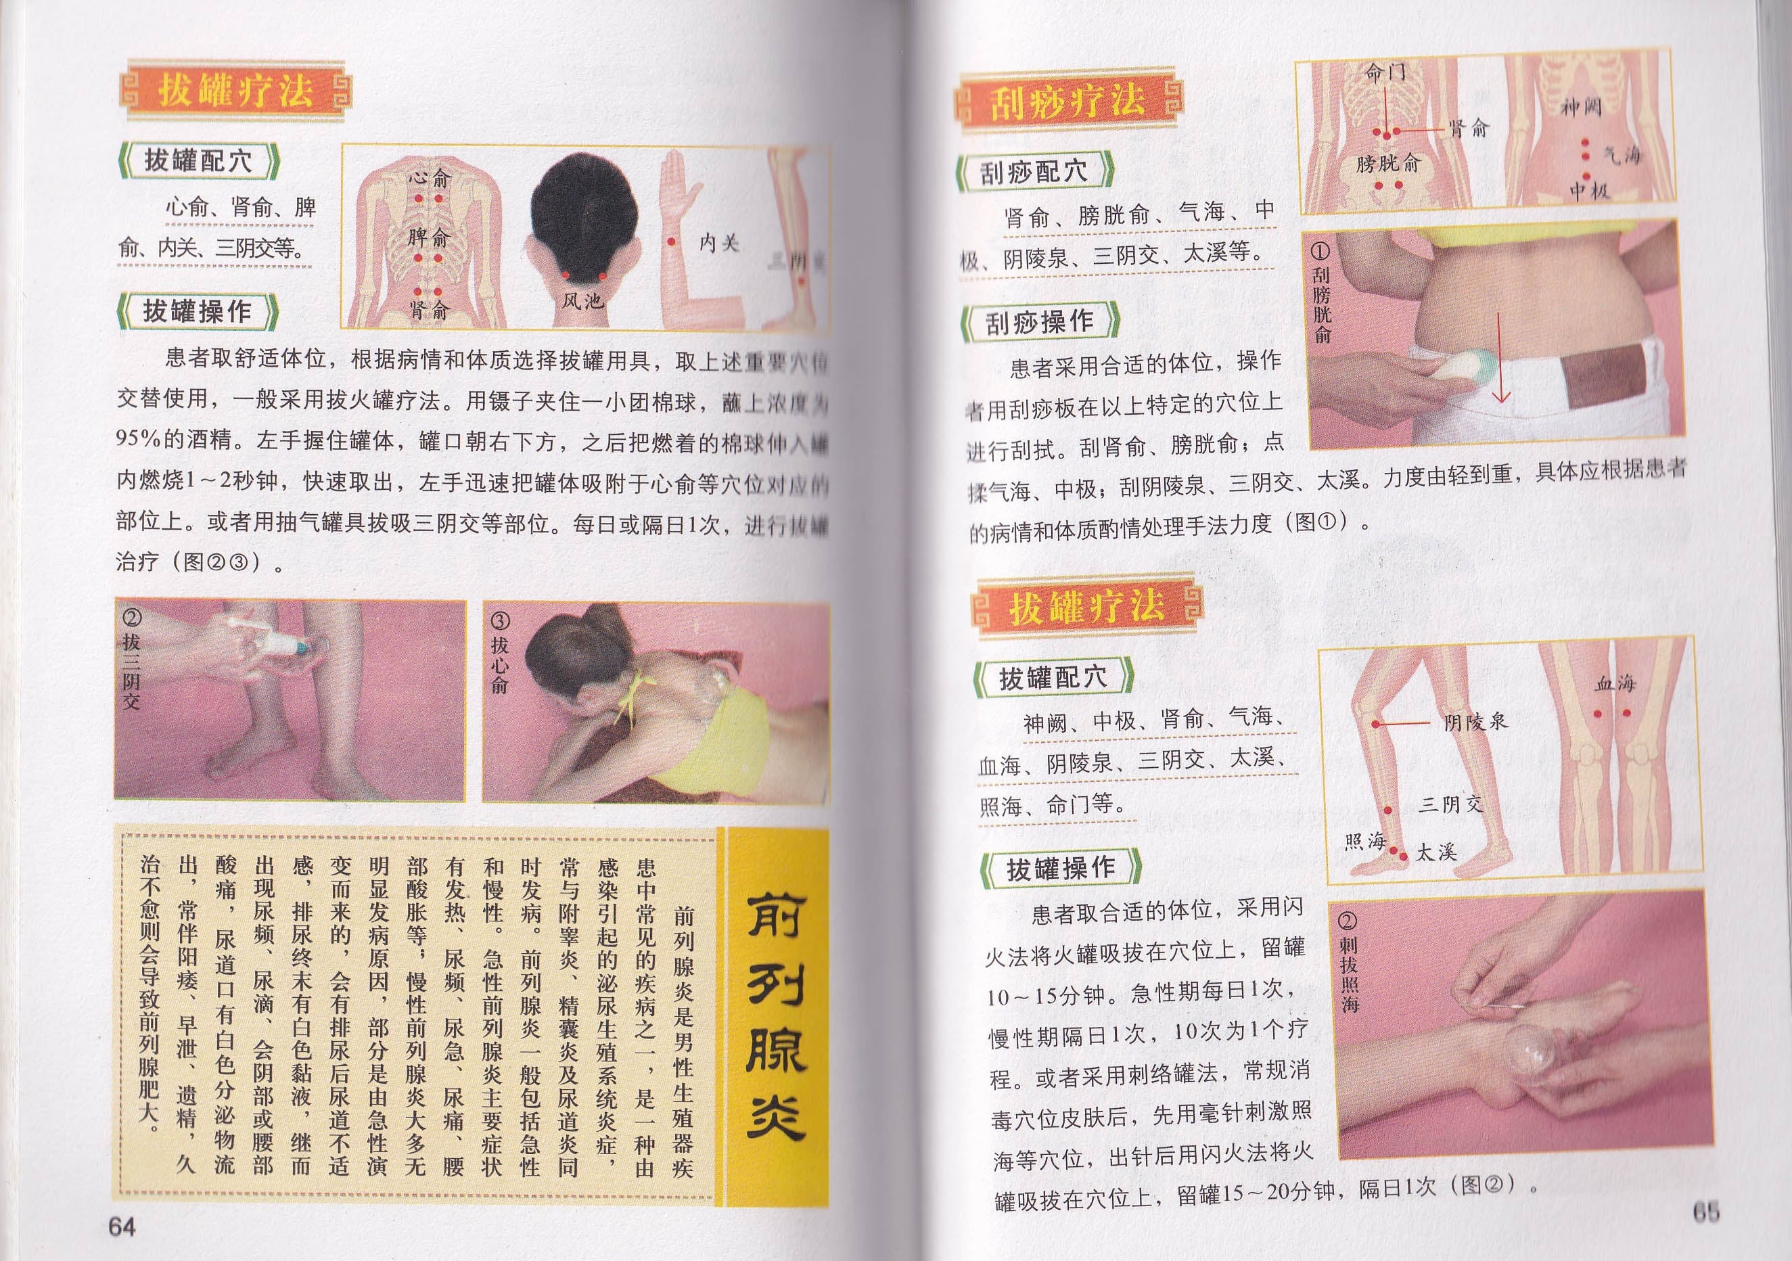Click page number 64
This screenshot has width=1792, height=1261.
click(x=122, y=1226)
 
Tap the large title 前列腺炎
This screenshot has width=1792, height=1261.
click(x=776, y=1017)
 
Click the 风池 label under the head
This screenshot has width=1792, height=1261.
click(x=582, y=300)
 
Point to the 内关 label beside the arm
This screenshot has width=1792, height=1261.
click(x=718, y=243)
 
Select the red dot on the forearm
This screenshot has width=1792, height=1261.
click(x=670, y=242)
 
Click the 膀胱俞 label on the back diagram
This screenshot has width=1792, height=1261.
click(x=1387, y=163)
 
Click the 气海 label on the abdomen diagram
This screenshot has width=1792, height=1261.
click(x=1622, y=156)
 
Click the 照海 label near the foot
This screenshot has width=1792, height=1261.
click(x=1364, y=841)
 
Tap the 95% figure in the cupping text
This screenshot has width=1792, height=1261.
click(x=140, y=439)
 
